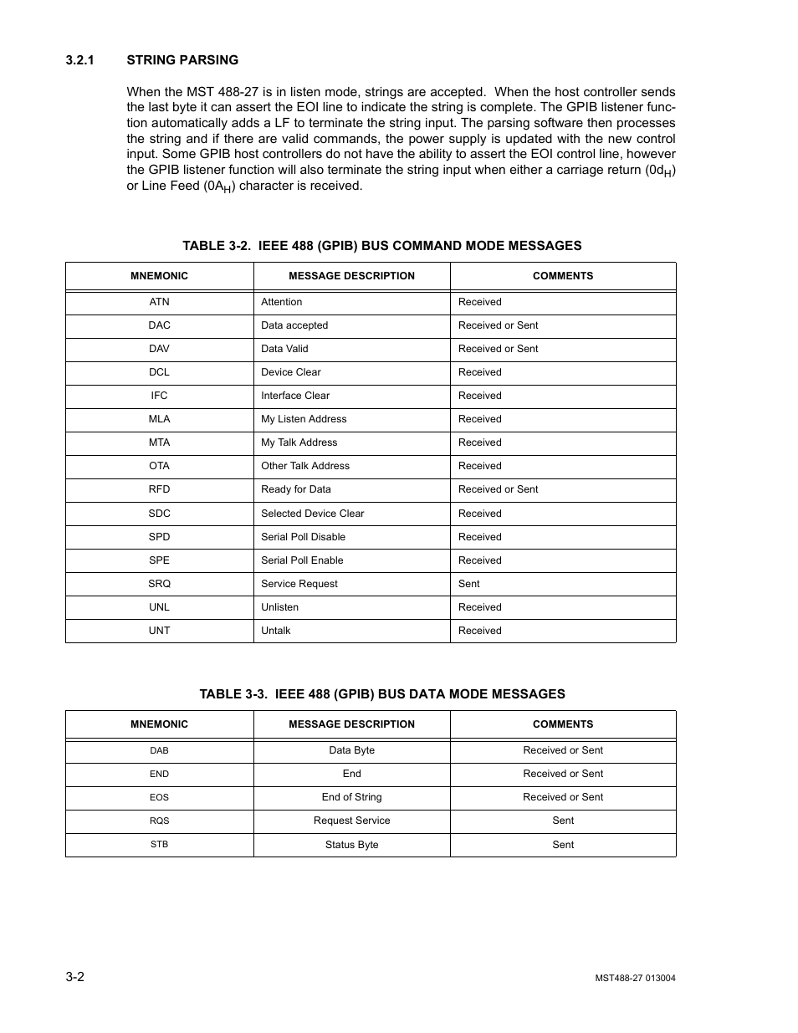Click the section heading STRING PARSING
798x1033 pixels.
pyautogui.click(x=182, y=60)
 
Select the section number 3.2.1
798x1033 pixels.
pyautogui.click(x=80, y=60)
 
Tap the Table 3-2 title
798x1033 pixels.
pyautogui.click(x=382, y=246)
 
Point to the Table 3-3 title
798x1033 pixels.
pyautogui.click(x=382, y=694)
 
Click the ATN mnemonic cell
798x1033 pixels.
pyautogui.click(x=159, y=302)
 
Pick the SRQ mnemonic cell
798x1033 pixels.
pyautogui.click(x=159, y=584)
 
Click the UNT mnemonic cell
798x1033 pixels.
pyautogui.click(x=159, y=631)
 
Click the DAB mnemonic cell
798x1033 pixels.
pyautogui.click(x=159, y=751)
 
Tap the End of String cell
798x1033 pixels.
pyautogui.click(x=351, y=797)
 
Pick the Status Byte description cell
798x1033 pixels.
pyautogui.click(x=351, y=845)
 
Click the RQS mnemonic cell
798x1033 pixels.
pyautogui.click(x=159, y=821)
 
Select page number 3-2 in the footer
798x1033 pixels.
pyautogui.click(x=74, y=977)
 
